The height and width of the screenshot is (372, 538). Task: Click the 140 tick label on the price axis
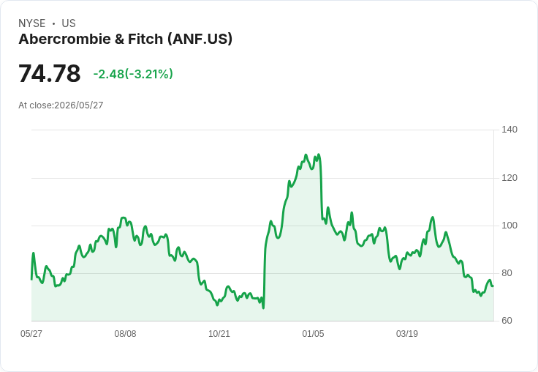point(509,130)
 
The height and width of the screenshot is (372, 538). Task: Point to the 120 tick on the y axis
point(509,178)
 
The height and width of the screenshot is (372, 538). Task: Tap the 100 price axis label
point(509,226)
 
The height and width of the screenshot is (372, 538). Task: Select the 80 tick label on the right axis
point(507,273)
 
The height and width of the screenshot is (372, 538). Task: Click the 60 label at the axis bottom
point(507,321)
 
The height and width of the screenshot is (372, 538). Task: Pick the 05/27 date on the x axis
point(31,333)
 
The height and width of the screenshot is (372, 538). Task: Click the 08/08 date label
point(125,333)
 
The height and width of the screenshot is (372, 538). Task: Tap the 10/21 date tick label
point(219,333)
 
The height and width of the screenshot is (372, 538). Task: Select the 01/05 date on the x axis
point(313,333)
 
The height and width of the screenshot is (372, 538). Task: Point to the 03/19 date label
point(407,333)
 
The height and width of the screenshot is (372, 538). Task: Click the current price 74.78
point(50,73)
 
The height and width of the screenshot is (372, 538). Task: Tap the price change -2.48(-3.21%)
point(133,74)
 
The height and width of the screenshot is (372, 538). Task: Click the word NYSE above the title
point(32,23)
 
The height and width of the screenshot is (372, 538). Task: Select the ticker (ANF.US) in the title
point(200,40)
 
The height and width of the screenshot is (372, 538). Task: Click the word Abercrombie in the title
point(65,39)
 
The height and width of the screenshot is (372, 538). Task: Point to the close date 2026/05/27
point(79,105)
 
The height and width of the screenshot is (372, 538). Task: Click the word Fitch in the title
point(145,39)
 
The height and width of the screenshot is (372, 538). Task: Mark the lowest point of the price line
point(263,308)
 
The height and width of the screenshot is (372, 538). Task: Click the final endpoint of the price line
point(493,286)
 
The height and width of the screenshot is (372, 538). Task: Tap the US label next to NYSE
point(69,23)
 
